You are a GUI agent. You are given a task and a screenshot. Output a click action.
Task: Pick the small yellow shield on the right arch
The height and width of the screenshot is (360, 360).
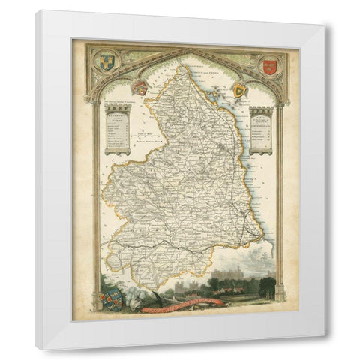pos(240,90)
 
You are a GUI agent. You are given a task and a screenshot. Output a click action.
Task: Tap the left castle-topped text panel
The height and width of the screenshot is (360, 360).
pos(118,129)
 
